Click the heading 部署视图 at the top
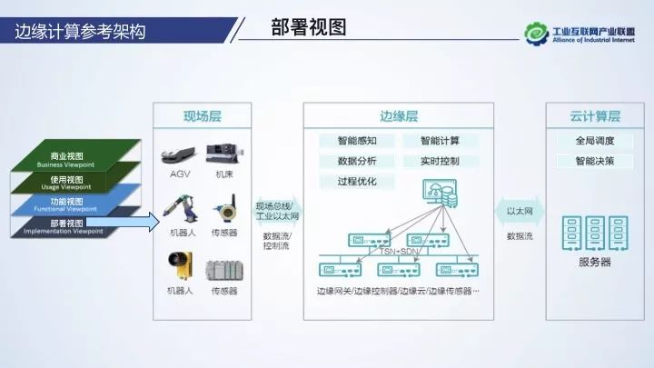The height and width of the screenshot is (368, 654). click(309, 28)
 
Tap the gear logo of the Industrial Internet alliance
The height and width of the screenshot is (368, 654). click(536, 35)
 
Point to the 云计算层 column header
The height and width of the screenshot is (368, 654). click(595, 116)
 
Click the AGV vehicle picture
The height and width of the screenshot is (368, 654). click(179, 151)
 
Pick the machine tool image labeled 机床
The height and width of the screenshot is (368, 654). click(224, 151)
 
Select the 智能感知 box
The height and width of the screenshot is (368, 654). click(344, 141)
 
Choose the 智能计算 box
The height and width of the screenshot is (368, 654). click(440, 141)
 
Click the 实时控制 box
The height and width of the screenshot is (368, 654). click(440, 161)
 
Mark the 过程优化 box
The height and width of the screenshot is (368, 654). click(344, 181)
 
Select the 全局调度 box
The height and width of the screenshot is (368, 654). click(595, 141)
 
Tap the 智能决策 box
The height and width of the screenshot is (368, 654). click(595, 161)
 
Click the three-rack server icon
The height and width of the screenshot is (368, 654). click(595, 232)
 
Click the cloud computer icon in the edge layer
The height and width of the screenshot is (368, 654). click(439, 192)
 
